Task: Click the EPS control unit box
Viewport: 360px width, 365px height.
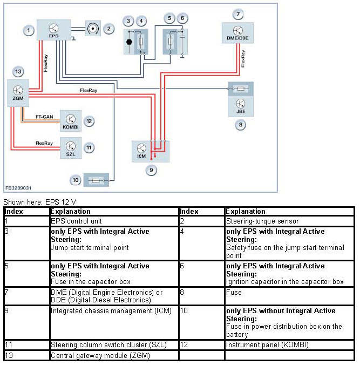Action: click(x=53, y=29)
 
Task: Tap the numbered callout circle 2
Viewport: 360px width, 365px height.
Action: click(x=108, y=28)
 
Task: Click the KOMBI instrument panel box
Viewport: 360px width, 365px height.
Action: click(x=71, y=120)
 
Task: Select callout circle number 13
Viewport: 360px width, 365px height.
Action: click(x=18, y=72)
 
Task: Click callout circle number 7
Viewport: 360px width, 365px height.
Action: click(x=237, y=13)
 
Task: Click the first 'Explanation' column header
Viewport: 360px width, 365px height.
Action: click(x=70, y=212)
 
